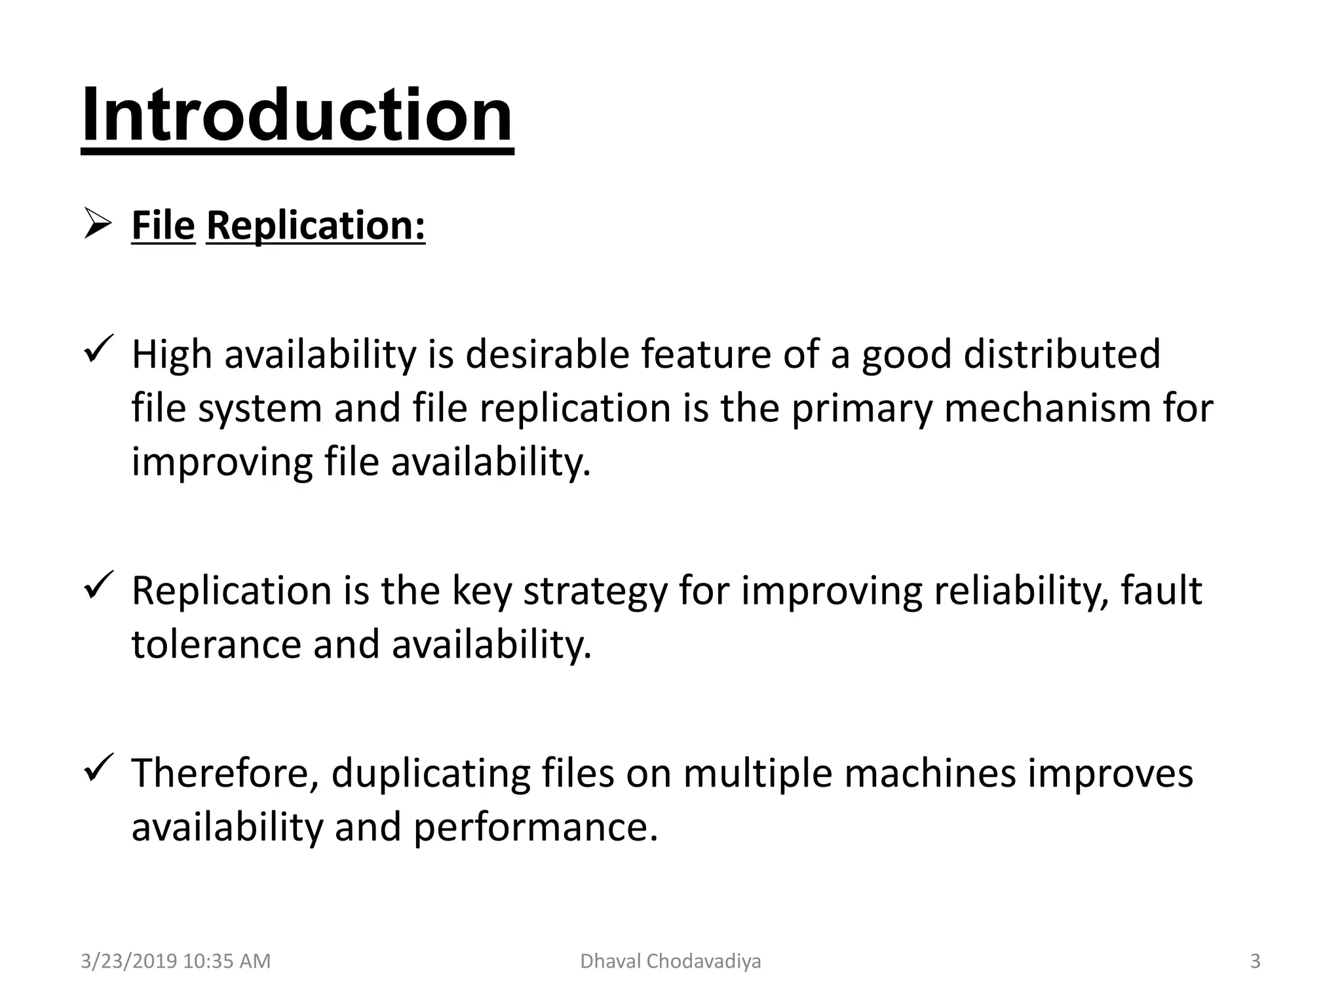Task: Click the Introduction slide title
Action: click(x=297, y=116)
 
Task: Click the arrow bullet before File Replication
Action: click(x=97, y=225)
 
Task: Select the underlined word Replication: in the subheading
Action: click(x=316, y=226)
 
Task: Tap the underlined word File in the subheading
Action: click(x=163, y=226)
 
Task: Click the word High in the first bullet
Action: click(x=172, y=355)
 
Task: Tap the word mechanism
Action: click(x=1047, y=408)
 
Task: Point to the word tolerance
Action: click(x=216, y=644)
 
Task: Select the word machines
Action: click(x=930, y=773)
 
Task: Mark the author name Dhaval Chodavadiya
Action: click(x=670, y=961)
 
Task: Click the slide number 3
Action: click(x=1256, y=961)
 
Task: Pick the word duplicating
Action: click(x=431, y=773)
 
